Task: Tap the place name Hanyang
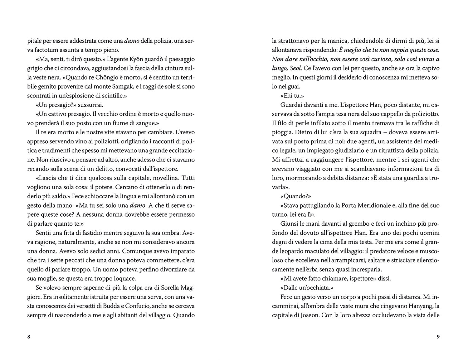point(416,306)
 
